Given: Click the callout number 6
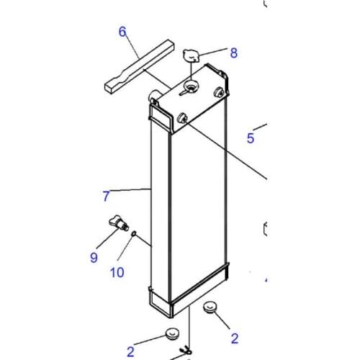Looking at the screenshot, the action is tap(122, 32).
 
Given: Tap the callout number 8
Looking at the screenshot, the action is tap(234, 53).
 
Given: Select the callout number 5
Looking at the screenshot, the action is tap(251, 138).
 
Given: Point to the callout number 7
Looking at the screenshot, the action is tap(106, 196).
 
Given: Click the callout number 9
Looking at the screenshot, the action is tap(94, 258).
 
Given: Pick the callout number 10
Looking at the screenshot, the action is tap(117, 272).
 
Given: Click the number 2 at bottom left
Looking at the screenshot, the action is tap(130, 352).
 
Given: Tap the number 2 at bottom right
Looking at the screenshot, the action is tap(235, 338).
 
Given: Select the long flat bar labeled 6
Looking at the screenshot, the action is tap(139, 66).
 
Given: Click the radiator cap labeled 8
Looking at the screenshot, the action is tap(191, 55).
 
